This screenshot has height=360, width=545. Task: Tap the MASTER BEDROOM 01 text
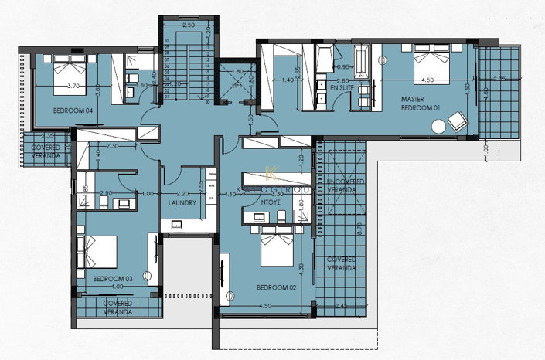421,104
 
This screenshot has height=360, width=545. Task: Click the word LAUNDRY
182,203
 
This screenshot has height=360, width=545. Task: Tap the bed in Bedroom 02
277,245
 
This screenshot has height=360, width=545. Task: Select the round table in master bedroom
438,126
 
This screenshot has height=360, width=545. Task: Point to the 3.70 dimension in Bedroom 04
74,86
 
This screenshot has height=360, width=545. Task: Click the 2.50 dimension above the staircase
188,25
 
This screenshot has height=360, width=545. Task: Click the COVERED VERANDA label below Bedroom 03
118,308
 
